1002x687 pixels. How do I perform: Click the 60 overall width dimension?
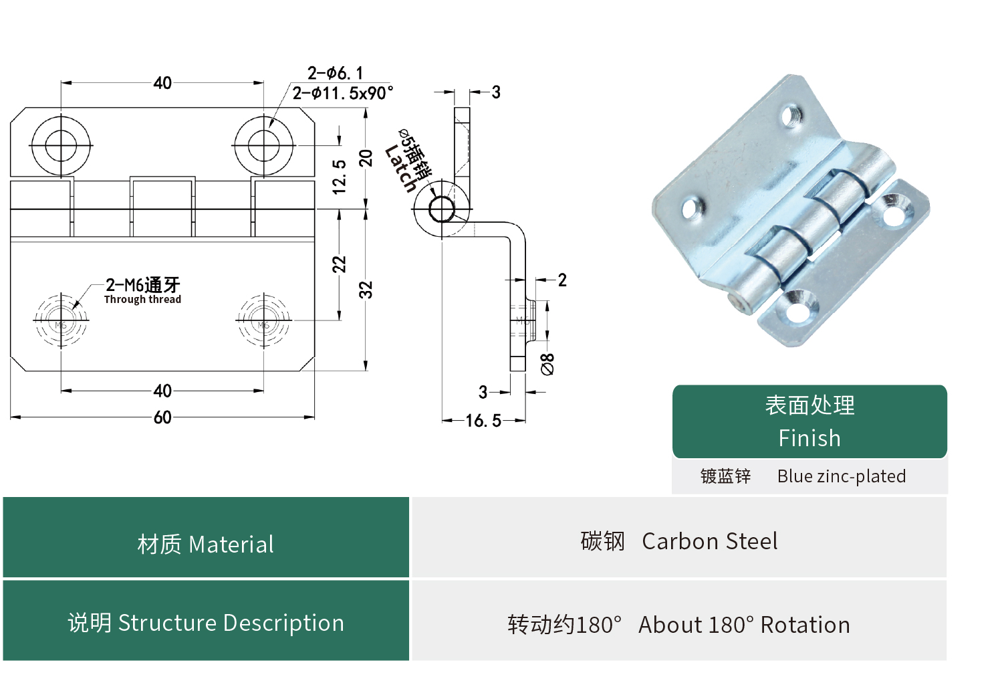(162, 417)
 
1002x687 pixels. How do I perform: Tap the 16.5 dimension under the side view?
(483, 421)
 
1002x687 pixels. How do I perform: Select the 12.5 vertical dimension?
(340, 177)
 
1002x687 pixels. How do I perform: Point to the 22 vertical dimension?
(340, 264)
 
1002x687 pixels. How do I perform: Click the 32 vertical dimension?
(366, 290)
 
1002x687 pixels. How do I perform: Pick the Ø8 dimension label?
(547, 364)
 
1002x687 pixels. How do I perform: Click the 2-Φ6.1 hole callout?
(335, 73)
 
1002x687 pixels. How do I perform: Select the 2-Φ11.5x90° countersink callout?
(342, 93)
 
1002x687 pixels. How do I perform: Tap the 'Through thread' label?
(142, 300)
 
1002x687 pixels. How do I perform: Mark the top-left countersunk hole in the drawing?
(61, 145)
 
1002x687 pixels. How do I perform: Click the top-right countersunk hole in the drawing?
(263, 145)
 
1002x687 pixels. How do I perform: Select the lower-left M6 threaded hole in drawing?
(61, 320)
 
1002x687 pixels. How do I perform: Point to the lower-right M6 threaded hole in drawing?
(263, 320)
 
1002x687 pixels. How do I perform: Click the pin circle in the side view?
(441, 209)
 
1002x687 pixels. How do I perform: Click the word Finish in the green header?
(809, 438)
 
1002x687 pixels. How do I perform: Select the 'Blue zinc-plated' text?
(841, 476)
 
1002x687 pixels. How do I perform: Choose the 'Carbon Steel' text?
(709, 541)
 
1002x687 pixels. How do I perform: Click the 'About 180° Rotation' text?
(744, 625)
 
